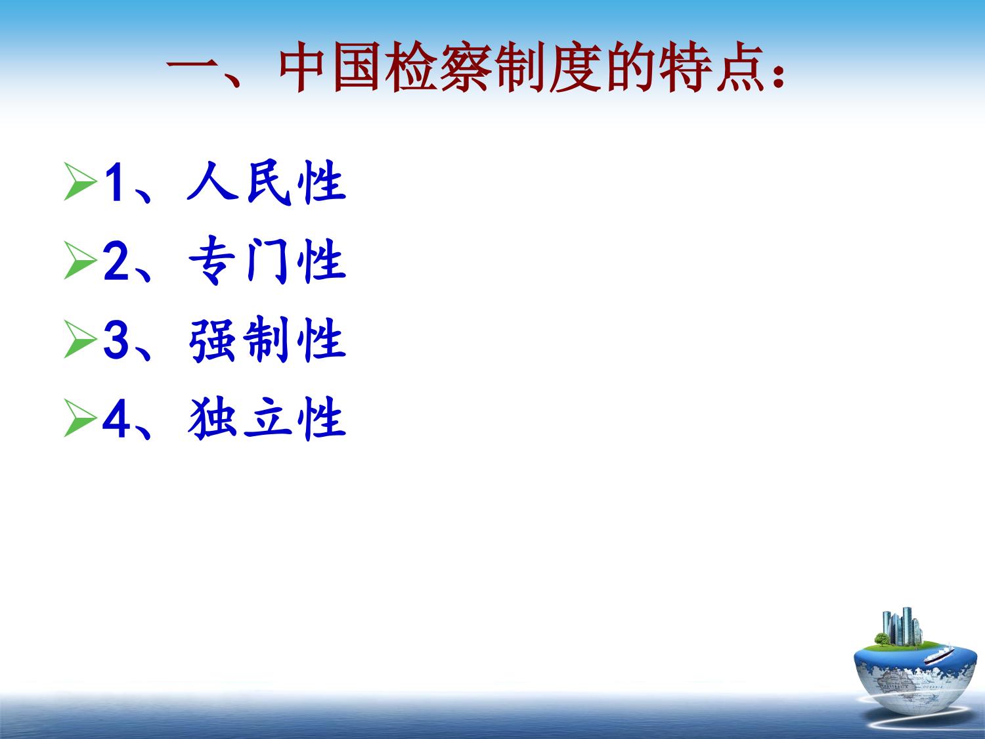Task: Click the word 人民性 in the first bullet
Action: point(267,182)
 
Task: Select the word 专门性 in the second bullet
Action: point(267,261)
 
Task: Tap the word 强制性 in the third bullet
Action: point(267,340)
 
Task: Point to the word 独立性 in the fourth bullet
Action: point(267,418)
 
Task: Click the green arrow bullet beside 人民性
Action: point(80,181)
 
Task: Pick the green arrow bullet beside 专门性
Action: point(80,260)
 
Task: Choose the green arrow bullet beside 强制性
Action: point(80,339)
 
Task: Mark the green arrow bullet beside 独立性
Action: point(80,418)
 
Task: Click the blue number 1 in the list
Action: point(114,182)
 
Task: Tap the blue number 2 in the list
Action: point(116,261)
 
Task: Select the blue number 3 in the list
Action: point(116,340)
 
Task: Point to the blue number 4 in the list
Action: point(116,418)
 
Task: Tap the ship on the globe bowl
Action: point(939,656)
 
